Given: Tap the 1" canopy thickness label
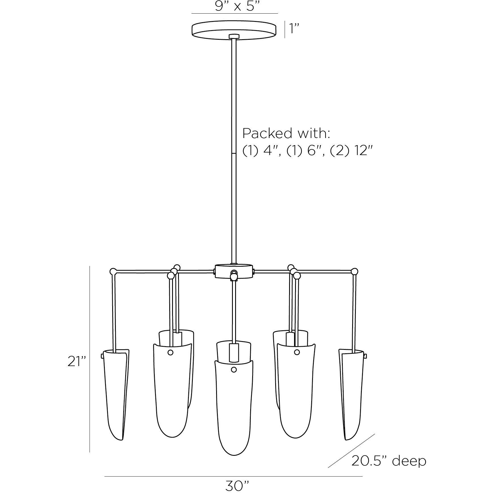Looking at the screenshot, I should coord(294,29).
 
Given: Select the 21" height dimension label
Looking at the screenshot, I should coord(76,362).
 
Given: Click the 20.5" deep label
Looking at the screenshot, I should coord(389,461).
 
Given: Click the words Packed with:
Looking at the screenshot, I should coord(286,133).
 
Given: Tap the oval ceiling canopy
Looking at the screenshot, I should coord(234,30).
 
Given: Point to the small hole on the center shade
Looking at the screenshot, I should coord(234,370).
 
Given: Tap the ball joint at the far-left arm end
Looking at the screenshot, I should coord(113,271).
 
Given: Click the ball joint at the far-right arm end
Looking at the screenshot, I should coord(354,271).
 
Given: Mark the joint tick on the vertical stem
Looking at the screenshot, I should coord(234,153).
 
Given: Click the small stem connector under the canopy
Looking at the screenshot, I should coord(234,36).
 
